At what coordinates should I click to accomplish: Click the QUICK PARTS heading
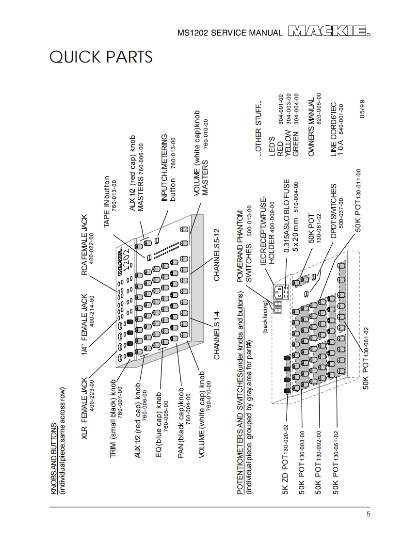tap(101, 57)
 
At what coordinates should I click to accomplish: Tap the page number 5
tap(368, 514)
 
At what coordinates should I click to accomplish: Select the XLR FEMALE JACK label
tap(84, 408)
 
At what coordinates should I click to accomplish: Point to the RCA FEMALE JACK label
tap(84, 247)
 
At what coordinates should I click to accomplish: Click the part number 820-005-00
tap(319, 109)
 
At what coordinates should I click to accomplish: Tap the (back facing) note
tap(265, 317)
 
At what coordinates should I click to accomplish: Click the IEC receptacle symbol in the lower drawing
tap(280, 292)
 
